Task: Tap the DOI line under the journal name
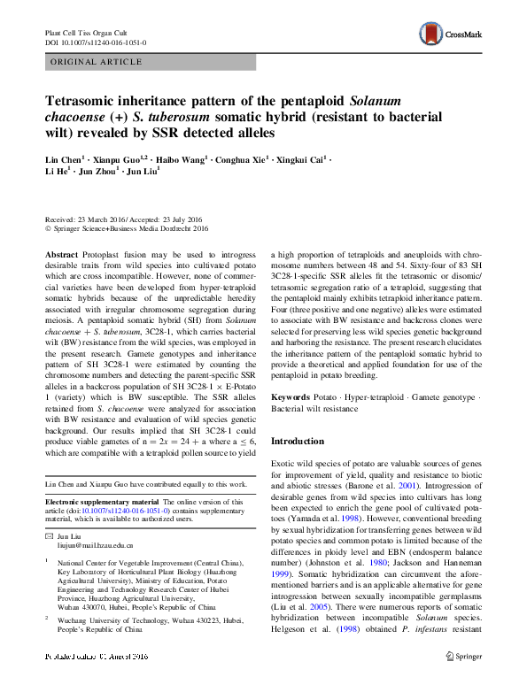[96, 42]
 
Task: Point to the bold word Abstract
[63, 252]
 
